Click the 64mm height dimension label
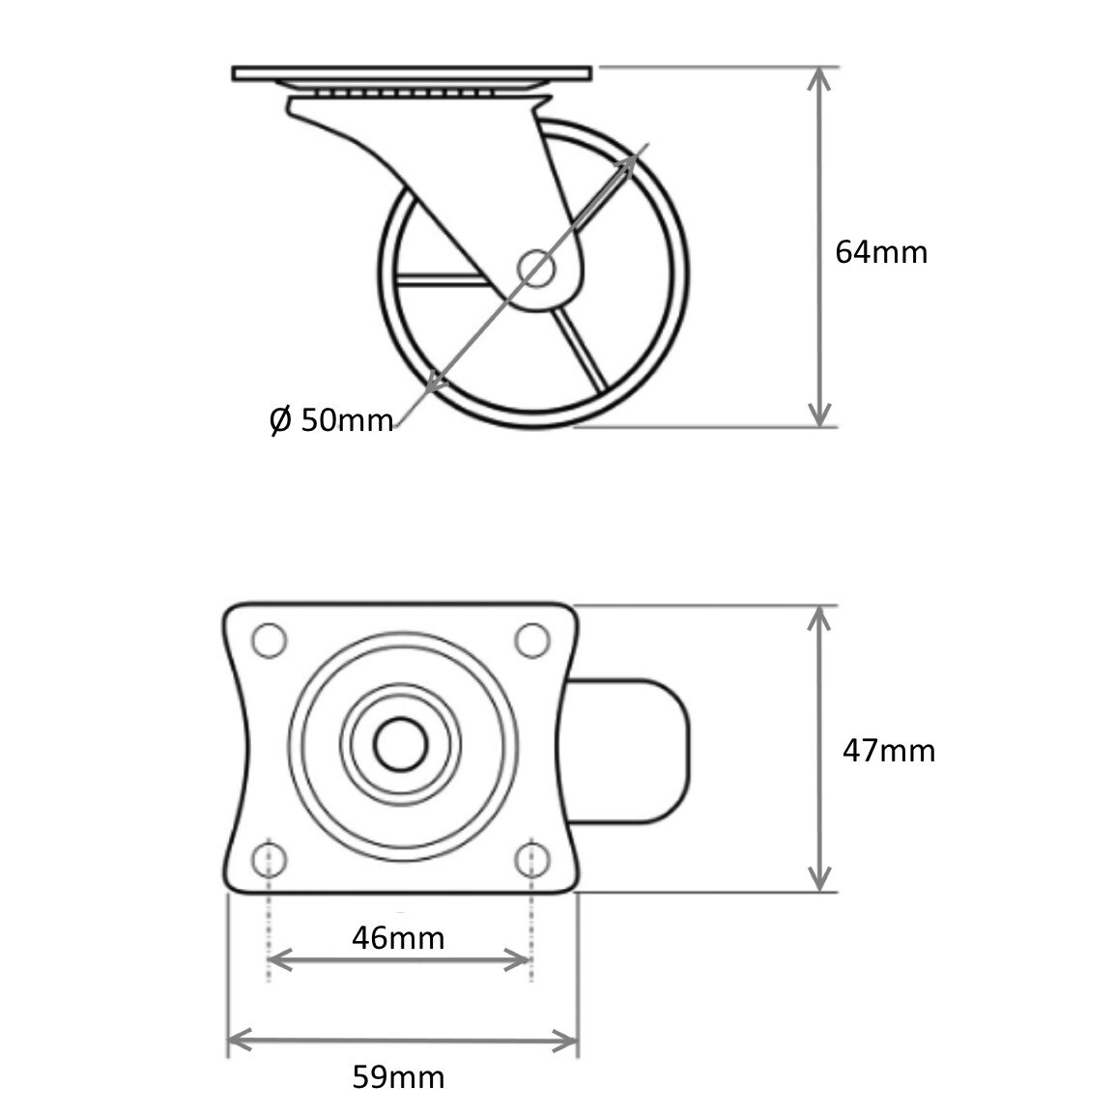click(880, 252)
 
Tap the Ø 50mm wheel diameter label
click(331, 420)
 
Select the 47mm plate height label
click(888, 751)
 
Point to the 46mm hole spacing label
click(398, 937)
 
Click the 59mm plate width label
click(398, 1077)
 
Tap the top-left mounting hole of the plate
click(269, 640)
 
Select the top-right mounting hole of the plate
click(531, 640)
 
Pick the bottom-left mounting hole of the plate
click(269, 859)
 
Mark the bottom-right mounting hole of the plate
click(531, 859)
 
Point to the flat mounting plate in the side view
click(412, 74)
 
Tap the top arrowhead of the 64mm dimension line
click(819, 77)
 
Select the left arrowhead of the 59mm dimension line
click(238, 1041)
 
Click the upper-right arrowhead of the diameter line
click(630, 158)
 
